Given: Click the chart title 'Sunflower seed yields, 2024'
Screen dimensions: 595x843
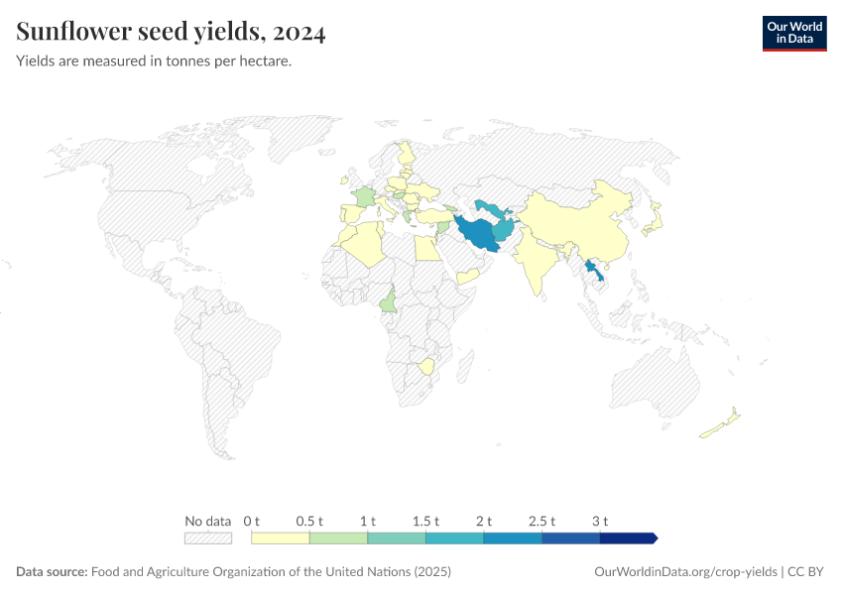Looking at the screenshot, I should pyautogui.click(x=171, y=33).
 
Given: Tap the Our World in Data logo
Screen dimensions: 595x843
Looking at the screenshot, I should pyautogui.click(x=793, y=33).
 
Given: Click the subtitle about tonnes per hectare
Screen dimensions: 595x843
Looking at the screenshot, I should pyautogui.click(x=154, y=61).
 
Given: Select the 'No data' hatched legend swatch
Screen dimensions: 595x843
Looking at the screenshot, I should pyautogui.click(x=207, y=538).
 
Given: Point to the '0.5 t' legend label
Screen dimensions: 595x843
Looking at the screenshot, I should pyautogui.click(x=310, y=521).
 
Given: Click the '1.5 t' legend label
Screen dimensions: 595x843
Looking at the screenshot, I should pyautogui.click(x=425, y=521).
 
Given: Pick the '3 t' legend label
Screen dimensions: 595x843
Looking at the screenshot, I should pyautogui.click(x=600, y=521).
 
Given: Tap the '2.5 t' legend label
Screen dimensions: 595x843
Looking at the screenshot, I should pyautogui.click(x=542, y=521).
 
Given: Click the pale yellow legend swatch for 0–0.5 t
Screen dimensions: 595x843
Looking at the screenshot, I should pyautogui.click(x=281, y=538).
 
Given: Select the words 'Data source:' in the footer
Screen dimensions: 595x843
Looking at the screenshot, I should pyautogui.click(x=52, y=572).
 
